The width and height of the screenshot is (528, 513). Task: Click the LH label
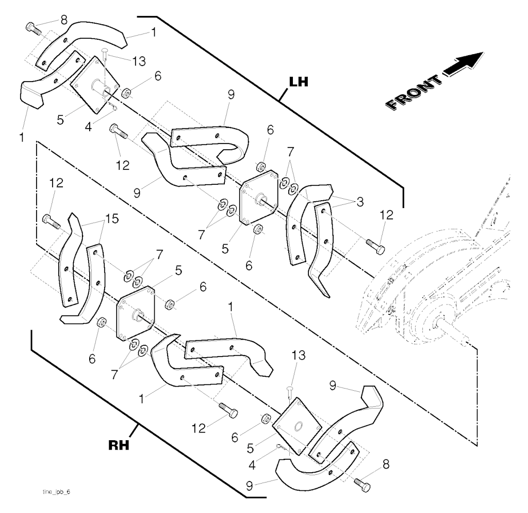tap(298, 82)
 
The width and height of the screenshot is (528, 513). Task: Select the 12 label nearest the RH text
tap(199, 427)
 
